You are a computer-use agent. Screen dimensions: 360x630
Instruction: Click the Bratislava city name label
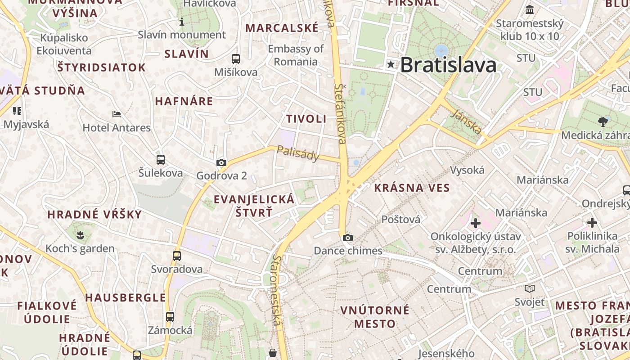[448, 65]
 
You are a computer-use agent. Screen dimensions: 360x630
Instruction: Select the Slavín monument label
[182, 35]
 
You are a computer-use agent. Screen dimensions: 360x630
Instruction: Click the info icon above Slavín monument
[182, 22]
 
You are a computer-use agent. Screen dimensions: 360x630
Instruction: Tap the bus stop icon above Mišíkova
[235, 58]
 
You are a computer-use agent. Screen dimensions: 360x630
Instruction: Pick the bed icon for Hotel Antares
[117, 114]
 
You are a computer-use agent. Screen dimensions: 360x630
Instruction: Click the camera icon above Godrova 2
[221, 162]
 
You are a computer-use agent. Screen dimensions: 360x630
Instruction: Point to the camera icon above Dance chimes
[347, 238]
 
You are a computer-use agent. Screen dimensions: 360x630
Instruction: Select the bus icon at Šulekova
[160, 159]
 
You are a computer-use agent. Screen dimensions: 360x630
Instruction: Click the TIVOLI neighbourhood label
[306, 119]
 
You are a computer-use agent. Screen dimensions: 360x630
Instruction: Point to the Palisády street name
[298, 153]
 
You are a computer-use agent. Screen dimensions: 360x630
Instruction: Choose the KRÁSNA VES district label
[412, 188]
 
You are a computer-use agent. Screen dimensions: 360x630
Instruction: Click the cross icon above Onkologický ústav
[476, 223]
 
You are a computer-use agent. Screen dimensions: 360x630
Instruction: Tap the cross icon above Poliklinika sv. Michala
[592, 222]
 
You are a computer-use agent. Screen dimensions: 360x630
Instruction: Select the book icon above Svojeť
[530, 288]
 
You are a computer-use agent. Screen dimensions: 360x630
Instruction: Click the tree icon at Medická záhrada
[603, 121]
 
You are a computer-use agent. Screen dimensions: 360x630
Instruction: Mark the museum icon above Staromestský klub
[530, 9]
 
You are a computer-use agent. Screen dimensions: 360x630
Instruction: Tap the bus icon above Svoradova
[177, 256]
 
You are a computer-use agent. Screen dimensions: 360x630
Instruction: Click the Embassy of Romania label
[296, 55]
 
